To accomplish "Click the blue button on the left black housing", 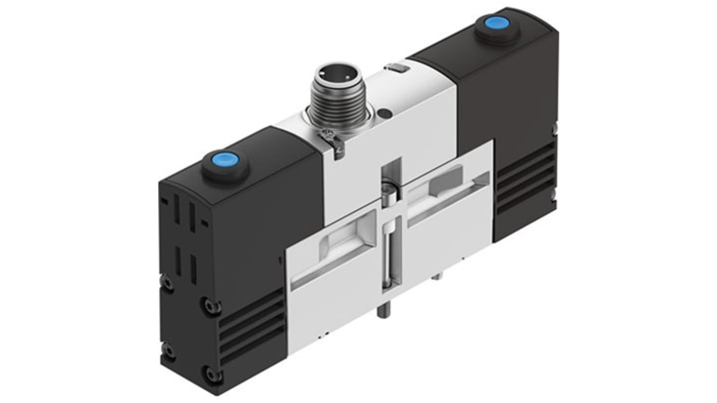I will [x=225, y=164].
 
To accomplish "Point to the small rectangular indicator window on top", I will [x=395, y=68].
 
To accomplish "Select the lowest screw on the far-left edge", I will [x=168, y=350].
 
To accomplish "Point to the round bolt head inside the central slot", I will [x=389, y=194].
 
